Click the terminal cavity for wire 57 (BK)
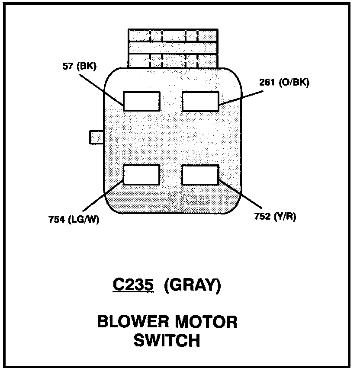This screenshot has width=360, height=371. pyautogui.click(x=141, y=101)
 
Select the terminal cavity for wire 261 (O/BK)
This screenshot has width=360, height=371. pyautogui.click(x=200, y=101)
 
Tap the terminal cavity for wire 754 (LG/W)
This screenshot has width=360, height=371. pyautogui.click(x=141, y=175)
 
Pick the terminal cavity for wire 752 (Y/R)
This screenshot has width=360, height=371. pyautogui.click(x=200, y=175)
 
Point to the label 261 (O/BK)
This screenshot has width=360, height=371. pyautogui.click(x=284, y=83)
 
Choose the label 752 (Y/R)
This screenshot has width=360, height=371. pyautogui.click(x=275, y=217)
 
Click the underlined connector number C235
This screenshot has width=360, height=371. pyautogui.click(x=133, y=285)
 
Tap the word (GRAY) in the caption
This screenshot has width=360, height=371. pyautogui.click(x=193, y=285)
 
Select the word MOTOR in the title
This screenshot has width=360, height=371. pyautogui.click(x=209, y=322)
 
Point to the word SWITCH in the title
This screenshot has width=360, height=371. pyautogui.click(x=167, y=340)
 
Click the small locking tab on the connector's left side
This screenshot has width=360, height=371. pyautogui.click(x=96, y=137)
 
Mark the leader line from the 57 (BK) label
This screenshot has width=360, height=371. pyautogui.click(x=102, y=89)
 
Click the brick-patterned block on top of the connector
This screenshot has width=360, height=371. pyautogui.click(x=173, y=48)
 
